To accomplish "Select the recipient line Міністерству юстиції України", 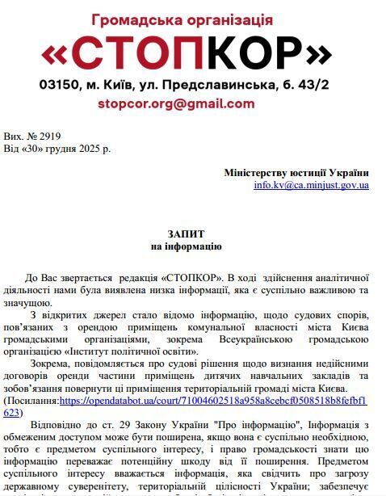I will [296, 173].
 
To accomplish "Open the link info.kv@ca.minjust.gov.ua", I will [311, 185].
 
